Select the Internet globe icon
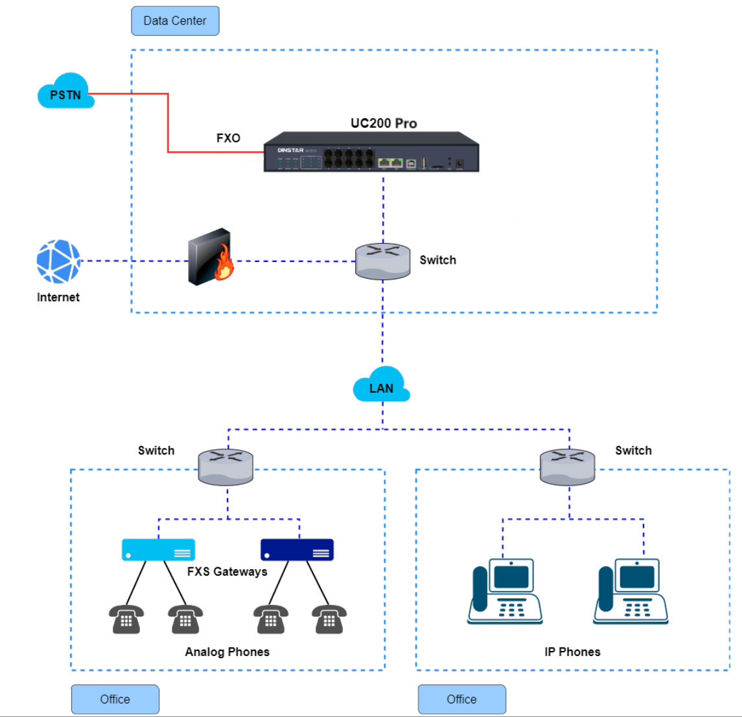58,261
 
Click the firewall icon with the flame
211,257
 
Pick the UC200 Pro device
371,152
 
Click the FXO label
228,138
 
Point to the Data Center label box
175,21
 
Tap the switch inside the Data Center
382,261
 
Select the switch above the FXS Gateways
226,467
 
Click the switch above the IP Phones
567,467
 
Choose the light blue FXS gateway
158,550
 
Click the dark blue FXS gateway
297,550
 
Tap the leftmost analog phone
126,619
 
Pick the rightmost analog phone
329,619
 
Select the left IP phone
505,591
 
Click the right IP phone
631,591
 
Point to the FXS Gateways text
227,572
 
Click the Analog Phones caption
227,652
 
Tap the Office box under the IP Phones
461,699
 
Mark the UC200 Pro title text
384,123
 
